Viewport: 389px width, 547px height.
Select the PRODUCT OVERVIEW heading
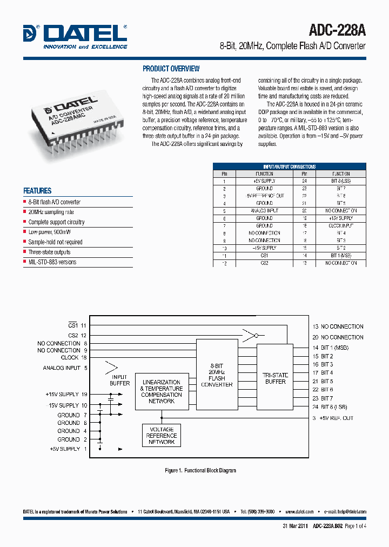(x=171, y=69)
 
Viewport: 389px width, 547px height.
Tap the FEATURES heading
(x=37, y=191)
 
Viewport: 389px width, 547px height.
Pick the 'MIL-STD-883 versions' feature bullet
(x=52, y=262)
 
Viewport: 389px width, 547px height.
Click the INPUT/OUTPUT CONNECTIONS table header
(x=289, y=166)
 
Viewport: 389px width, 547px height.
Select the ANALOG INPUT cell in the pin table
(x=264, y=211)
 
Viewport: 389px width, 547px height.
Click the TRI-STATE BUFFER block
(x=276, y=378)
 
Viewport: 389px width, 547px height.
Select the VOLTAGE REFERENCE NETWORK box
(x=161, y=436)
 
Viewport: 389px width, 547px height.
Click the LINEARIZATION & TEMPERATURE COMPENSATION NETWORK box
(x=162, y=392)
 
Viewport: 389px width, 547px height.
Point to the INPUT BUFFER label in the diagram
(x=119, y=380)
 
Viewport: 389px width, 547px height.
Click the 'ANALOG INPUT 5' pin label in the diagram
(x=65, y=368)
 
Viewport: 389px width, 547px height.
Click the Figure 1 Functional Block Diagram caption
(x=200, y=471)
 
